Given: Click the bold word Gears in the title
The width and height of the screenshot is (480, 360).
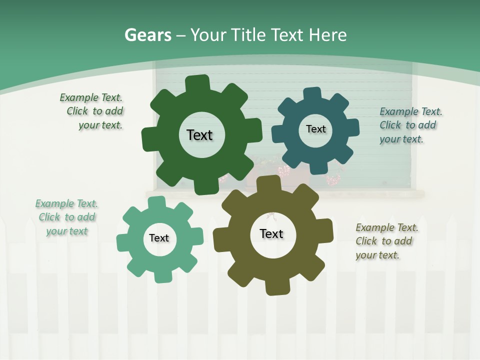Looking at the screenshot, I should [148, 35].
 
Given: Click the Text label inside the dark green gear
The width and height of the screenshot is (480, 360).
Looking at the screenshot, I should [199, 135].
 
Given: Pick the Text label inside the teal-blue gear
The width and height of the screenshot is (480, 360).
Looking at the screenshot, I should [315, 129].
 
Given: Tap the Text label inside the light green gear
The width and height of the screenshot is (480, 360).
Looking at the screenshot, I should [159, 238].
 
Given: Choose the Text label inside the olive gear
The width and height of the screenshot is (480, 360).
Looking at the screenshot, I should [271, 233].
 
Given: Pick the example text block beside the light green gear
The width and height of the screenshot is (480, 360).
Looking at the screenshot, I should [66, 217].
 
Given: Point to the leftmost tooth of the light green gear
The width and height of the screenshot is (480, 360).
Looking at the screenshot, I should [123, 242].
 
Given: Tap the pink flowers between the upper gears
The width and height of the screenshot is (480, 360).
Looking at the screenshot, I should [284, 171].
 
